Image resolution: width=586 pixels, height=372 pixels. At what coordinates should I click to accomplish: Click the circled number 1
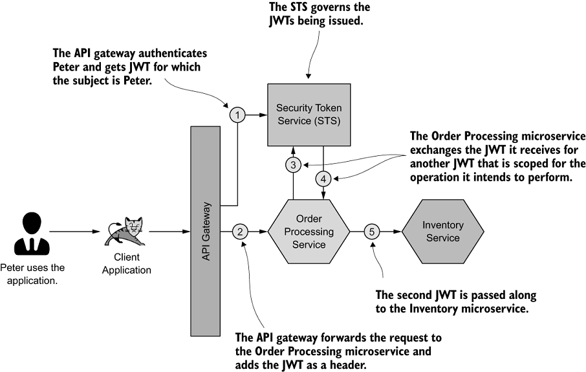coord(237,115)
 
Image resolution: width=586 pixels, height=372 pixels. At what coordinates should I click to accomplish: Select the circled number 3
coord(294,165)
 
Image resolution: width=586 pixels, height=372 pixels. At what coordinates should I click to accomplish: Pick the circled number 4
coord(323,178)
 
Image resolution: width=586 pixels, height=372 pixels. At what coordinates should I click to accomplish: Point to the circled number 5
coord(372,231)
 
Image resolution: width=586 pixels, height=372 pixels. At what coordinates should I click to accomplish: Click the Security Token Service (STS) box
coord(309,114)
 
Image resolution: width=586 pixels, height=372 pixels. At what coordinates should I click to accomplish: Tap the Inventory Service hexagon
coord(442,231)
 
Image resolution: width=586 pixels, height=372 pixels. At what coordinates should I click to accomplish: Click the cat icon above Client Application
coord(127,231)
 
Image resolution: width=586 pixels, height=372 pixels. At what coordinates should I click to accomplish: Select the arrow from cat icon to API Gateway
coord(169,231)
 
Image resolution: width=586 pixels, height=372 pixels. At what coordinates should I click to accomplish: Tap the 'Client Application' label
coord(127,264)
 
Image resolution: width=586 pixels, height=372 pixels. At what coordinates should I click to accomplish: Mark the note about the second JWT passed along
coord(457,301)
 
